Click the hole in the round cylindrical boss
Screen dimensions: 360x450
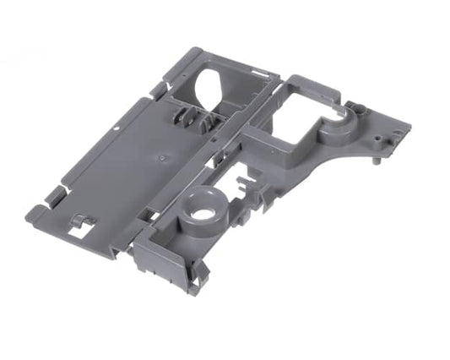pyautogui.click(x=201, y=212)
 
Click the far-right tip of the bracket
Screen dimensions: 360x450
pyautogui.click(x=411, y=127)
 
